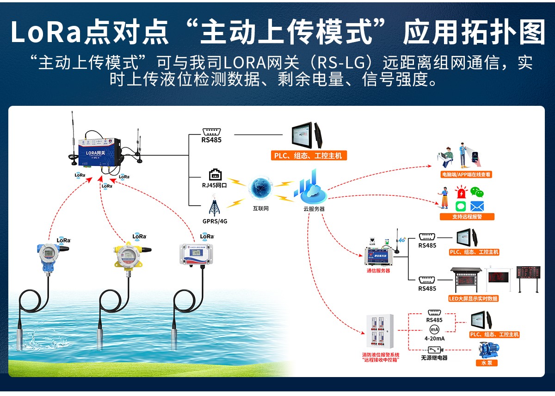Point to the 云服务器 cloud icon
(313, 190)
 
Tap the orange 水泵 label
(487, 363)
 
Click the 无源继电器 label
(434, 358)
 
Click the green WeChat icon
(477, 192)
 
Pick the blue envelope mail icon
(477, 206)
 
